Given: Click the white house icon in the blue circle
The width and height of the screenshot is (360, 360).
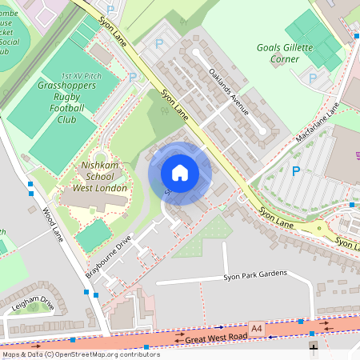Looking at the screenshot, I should pyautogui.click(x=180, y=173).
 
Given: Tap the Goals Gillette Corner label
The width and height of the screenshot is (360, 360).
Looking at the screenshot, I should pyautogui.click(x=290, y=54).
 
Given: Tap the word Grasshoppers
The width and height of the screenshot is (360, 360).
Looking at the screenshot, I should pyautogui.click(x=68, y=85).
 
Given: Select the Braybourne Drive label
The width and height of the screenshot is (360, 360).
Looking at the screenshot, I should pyautogui.click(x=108, y=256).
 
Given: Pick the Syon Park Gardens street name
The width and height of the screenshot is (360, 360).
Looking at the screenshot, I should pyautogui.click(x=255, y=274).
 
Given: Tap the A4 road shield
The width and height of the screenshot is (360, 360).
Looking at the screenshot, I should pyautogui.click(x=256, y=328).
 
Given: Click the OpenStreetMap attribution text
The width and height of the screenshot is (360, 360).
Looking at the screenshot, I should pyautogui.click(x=80, y=354).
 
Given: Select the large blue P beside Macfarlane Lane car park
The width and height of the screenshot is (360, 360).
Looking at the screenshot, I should pyautogui.click(x=296, y=171).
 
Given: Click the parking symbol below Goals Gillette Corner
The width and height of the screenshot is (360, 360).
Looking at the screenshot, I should pyautogui.click(x=313, y=78).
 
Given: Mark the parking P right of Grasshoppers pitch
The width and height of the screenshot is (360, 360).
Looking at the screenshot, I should pyautogui.click(x=133, y=78).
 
